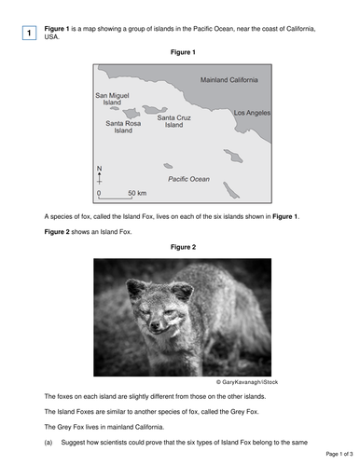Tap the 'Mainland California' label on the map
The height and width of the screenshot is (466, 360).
[229, 80]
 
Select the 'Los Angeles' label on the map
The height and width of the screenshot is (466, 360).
[252, 113]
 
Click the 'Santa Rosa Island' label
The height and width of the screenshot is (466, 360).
[124, 127]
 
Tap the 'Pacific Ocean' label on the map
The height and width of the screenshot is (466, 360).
[188, 178]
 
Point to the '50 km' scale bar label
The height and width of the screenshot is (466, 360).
[137, 193]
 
